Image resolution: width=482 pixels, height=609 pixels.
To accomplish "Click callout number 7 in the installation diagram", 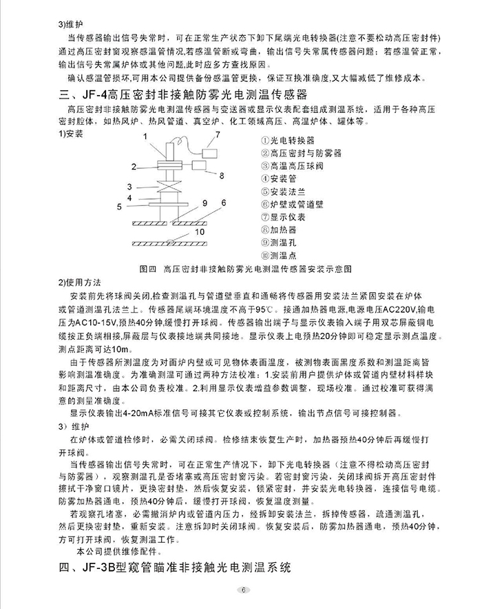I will [218, 133].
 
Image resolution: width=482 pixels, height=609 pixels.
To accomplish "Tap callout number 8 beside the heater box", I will [222, 176].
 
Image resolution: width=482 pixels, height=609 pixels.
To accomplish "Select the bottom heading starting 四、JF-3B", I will [176, 568].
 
